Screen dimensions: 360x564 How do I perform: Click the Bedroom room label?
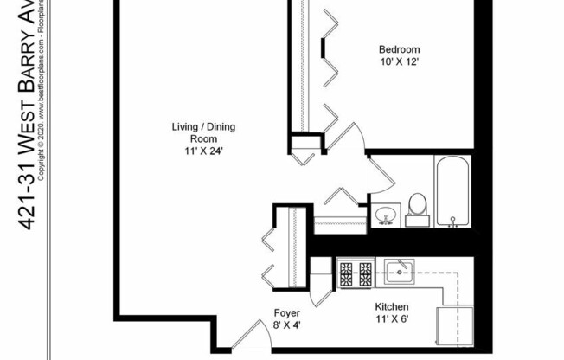pos(398,49)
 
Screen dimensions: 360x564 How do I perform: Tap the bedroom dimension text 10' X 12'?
pos(398,62)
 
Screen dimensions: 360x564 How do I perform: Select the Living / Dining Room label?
pos(202,132)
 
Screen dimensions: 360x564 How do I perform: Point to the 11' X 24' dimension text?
pos(202,151)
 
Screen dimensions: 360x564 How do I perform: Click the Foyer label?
pos(286,313)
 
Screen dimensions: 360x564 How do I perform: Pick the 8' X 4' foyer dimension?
pos(286,325)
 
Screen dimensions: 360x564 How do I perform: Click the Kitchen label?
pos(391,307)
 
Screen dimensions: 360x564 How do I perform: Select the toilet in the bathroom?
pos(417,208)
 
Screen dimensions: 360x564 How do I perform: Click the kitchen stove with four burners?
pos(355,274)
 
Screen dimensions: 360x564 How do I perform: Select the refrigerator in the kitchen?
pos(455,326)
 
